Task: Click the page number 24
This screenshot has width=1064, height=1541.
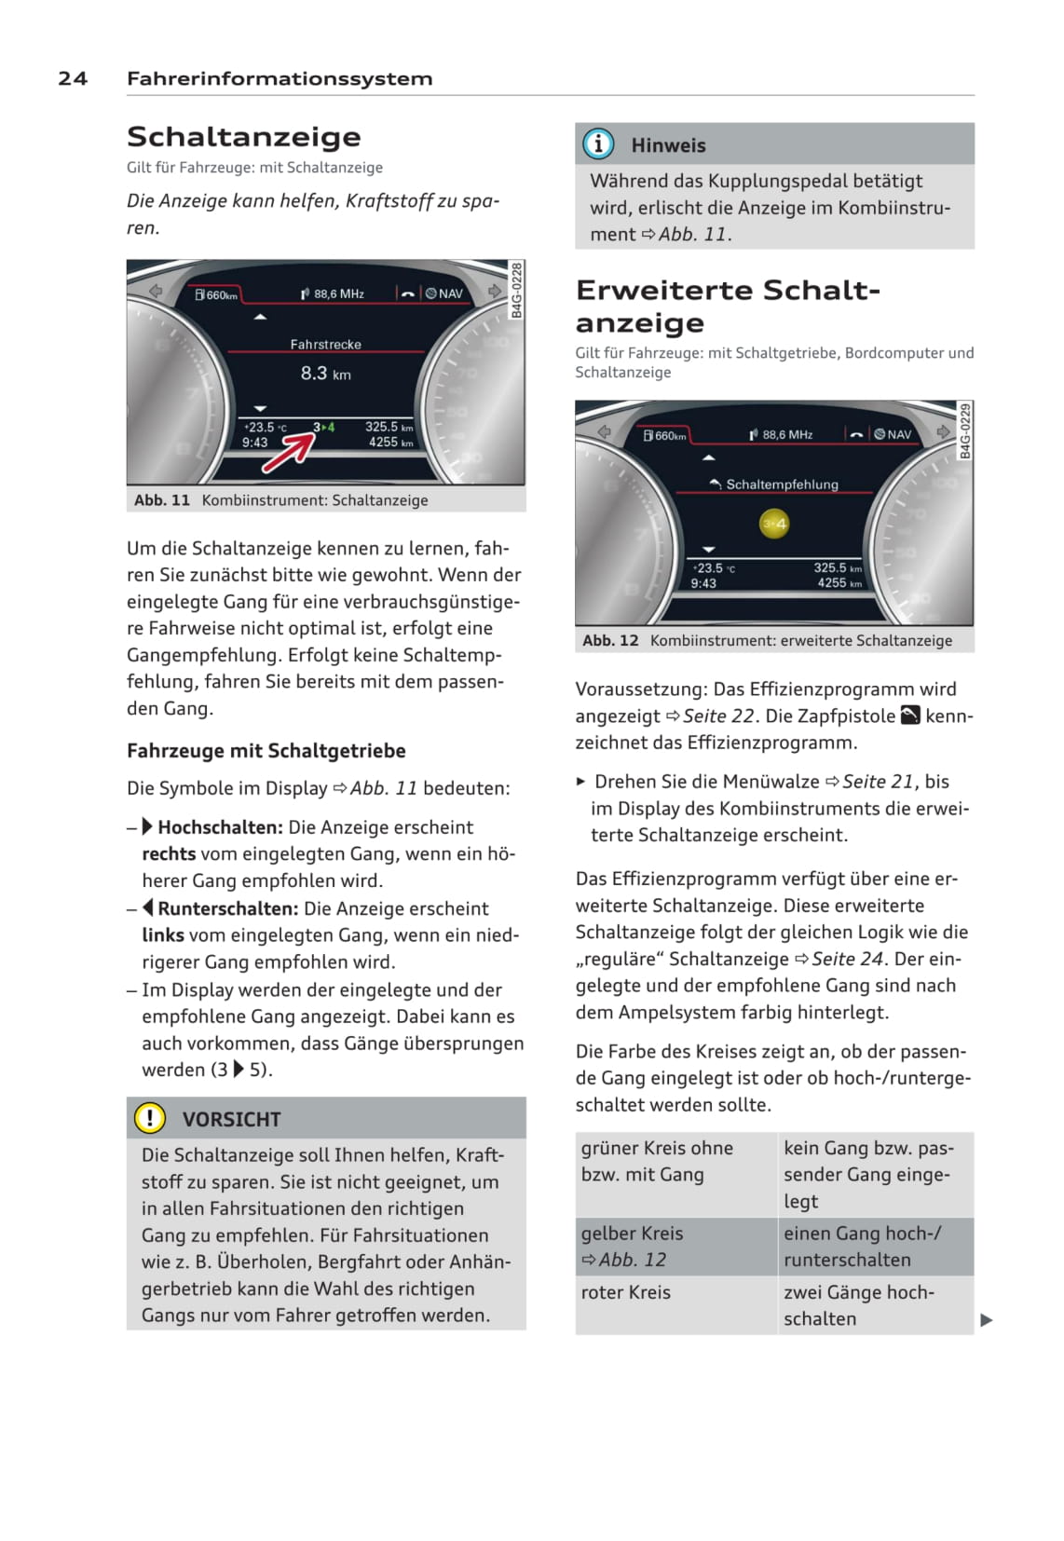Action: coord(73,79)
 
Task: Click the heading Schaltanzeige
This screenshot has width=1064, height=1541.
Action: coord(243,137)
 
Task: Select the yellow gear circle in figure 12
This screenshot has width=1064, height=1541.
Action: coord(773,524)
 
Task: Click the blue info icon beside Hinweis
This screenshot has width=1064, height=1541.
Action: coord(598,144)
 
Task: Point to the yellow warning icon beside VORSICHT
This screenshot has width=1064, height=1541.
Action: coord(149,1118)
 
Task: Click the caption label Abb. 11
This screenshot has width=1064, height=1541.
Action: coord(162,500)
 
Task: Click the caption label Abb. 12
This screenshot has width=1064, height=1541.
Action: coord(610,641)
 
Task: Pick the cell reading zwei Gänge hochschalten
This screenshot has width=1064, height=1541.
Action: coord(858,1305)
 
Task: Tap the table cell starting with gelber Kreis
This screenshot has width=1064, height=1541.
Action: coord(633,1246)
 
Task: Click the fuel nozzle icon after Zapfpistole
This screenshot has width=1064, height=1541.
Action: coord(909,716)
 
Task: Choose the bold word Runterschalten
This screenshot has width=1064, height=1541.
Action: coord(227,908)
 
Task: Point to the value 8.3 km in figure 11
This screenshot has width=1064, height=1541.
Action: coord(325,374)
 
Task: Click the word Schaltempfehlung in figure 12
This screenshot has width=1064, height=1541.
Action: coord(782,484)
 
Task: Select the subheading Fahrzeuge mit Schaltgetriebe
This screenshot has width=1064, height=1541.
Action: coord(266,751)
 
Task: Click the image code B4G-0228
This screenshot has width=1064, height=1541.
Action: coord(517,290)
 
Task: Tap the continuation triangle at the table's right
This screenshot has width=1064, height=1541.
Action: coord(987,1319)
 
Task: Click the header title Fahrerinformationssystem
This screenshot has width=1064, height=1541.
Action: coord(280,79)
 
